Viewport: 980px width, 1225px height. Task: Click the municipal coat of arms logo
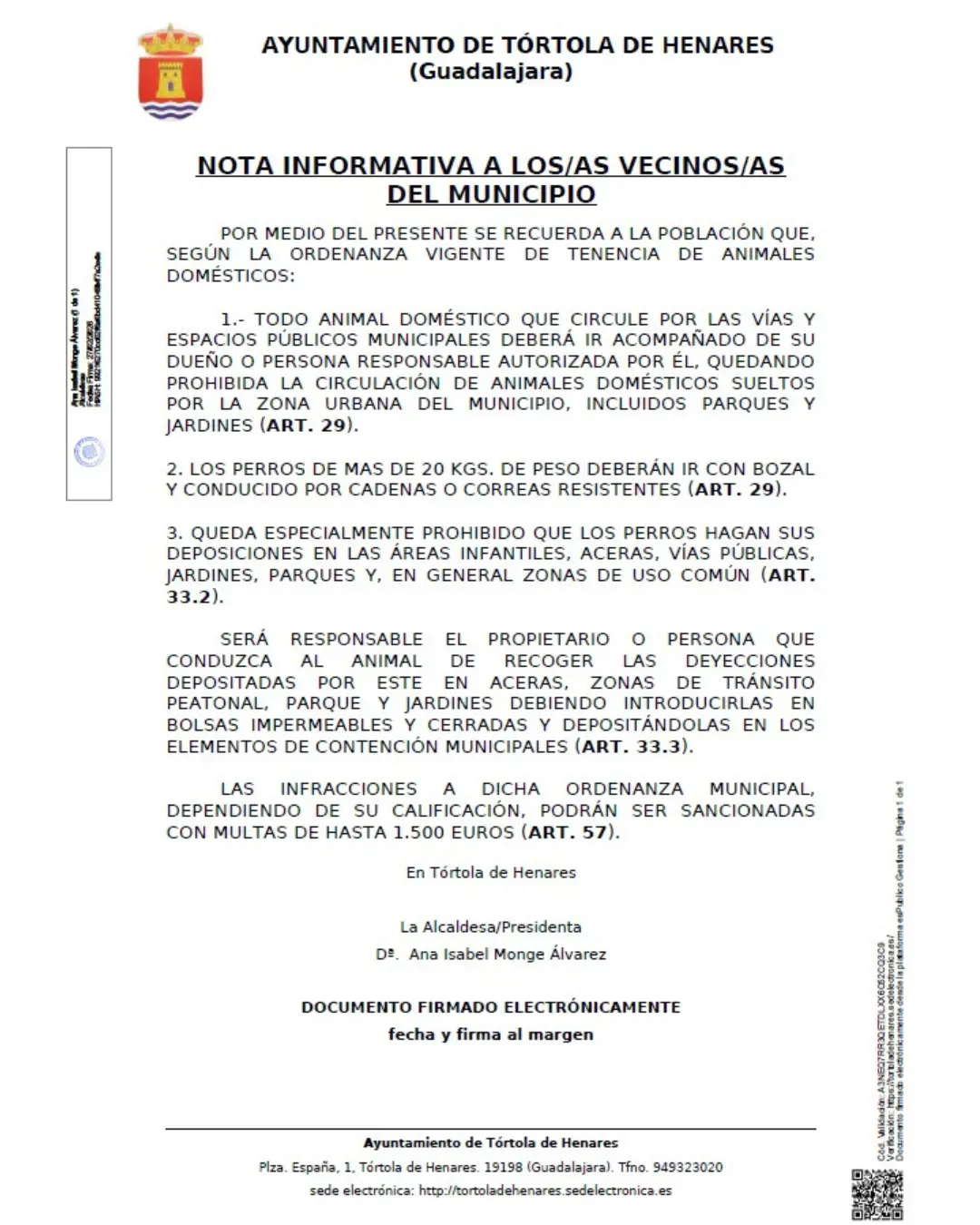170,73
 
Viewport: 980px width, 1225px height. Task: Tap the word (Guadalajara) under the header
491,71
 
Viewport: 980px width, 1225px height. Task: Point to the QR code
877,1194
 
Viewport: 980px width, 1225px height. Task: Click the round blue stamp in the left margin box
89,451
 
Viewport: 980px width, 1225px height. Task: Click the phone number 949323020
688,1167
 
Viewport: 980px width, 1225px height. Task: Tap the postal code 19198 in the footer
502,1167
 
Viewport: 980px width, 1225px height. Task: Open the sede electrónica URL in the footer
544,1191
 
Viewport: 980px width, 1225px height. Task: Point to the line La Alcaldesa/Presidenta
490,926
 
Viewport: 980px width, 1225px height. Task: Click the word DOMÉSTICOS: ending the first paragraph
230,276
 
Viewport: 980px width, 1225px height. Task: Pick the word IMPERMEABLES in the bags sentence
322,725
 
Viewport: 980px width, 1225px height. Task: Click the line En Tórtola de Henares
490,872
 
